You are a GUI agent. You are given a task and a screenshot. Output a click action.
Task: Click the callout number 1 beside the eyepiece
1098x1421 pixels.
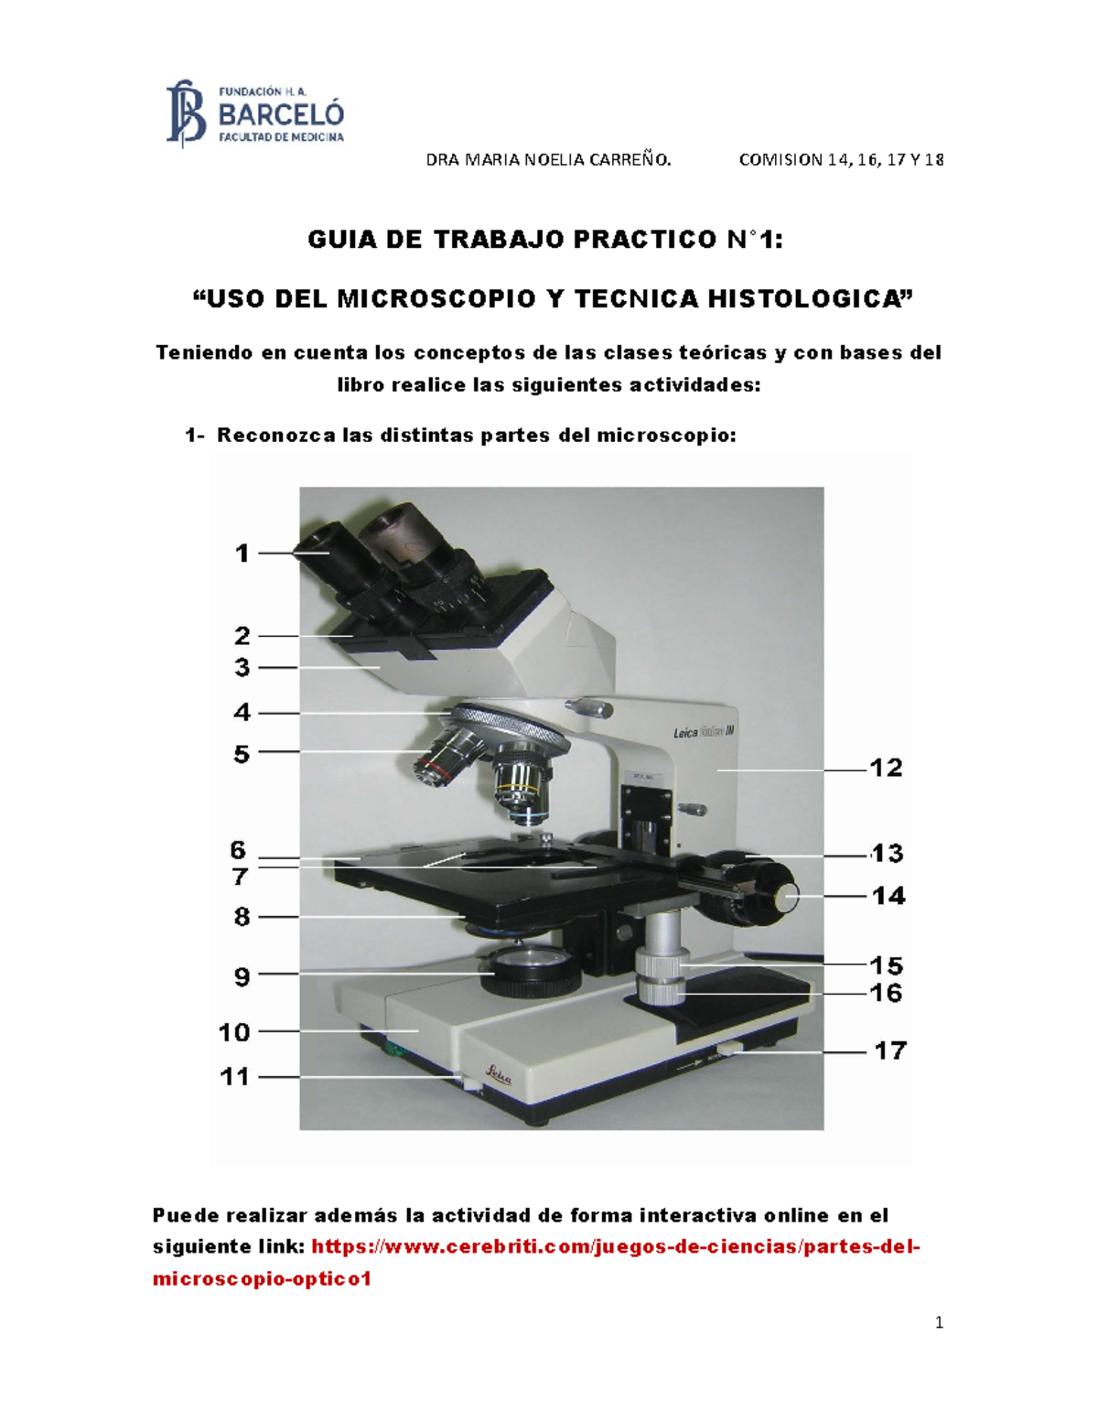(242, 554)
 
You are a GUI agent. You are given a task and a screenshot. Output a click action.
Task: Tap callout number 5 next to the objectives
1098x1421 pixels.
(242, 754)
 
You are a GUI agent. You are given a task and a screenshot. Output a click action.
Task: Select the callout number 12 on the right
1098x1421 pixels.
(886, 768)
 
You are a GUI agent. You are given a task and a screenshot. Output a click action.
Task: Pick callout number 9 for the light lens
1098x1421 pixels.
(242, 977)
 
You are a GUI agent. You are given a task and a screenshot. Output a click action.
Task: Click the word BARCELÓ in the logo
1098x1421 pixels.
(281, 115)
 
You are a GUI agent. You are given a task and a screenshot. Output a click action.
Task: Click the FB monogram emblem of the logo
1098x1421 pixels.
(186, 113)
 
